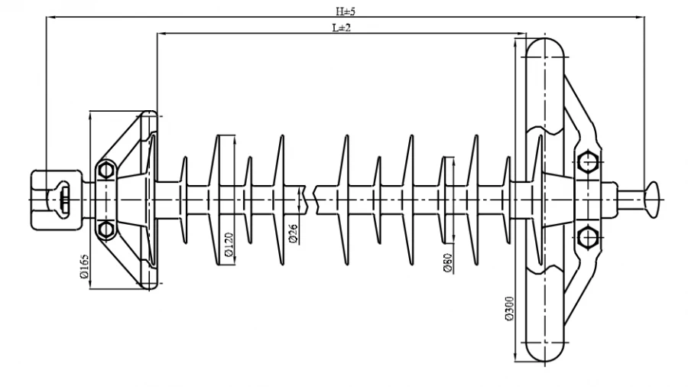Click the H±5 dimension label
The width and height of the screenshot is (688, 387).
346,11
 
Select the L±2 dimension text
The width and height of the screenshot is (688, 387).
341,27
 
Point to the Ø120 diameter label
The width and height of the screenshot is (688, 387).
227,244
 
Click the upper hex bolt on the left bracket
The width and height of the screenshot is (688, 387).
105,168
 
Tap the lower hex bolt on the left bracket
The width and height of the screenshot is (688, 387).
105,229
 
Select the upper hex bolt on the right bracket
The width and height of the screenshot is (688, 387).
587,162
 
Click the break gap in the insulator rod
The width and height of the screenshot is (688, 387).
313,198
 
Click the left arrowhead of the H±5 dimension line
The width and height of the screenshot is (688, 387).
48,17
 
